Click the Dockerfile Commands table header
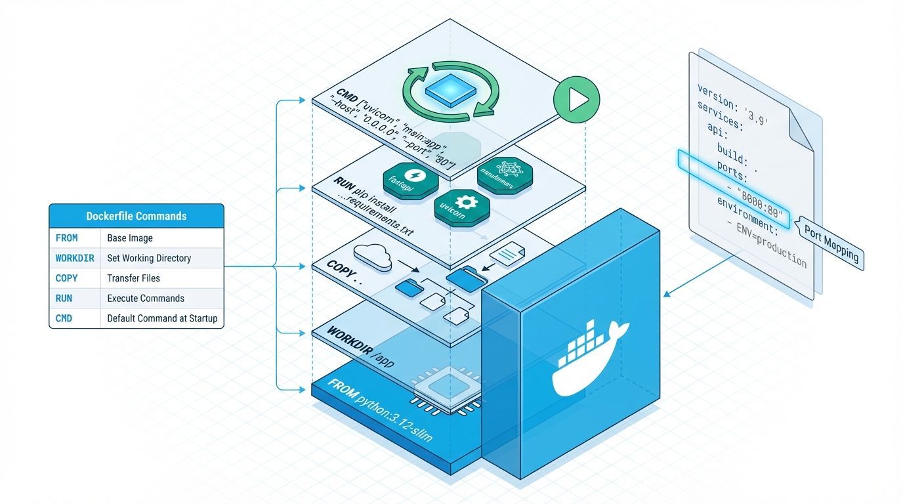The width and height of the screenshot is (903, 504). pyautogui.click(x=136, y=216)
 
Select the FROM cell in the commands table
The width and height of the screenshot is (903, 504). pyautogui.click(x=67, y=238)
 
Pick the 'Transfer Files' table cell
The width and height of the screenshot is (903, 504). pyautogui.click(x=133, y=278)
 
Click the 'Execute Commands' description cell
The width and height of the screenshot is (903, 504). pyautogui.click(x=146, y=298)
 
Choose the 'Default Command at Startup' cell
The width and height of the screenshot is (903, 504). pyautogui.click(x=161, y=318)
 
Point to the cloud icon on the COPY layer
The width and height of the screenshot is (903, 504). pyautogui.click(x=372, y=256)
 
